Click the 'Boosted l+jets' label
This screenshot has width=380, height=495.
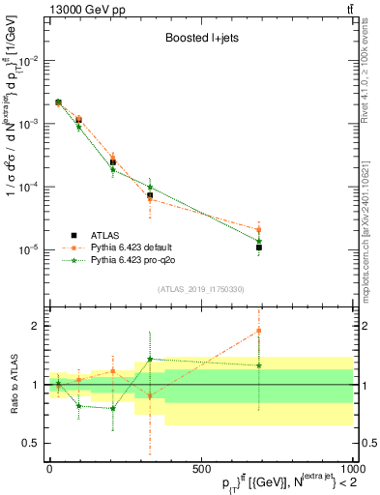pyautogui.click(x=200, y=40)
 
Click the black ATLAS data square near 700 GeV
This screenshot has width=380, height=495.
pyautogui.click(x=259, y=247)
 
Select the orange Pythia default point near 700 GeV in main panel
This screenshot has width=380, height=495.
pyautogui.click(x=259, y=230)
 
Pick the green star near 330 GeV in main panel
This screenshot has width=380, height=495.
pyautogui.click(x=150, y=188)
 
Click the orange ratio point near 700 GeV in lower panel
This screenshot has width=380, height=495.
pyautogui.click(x=259, y=331)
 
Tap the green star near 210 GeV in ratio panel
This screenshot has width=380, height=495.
pyautogui.click(x=113, y=408)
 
